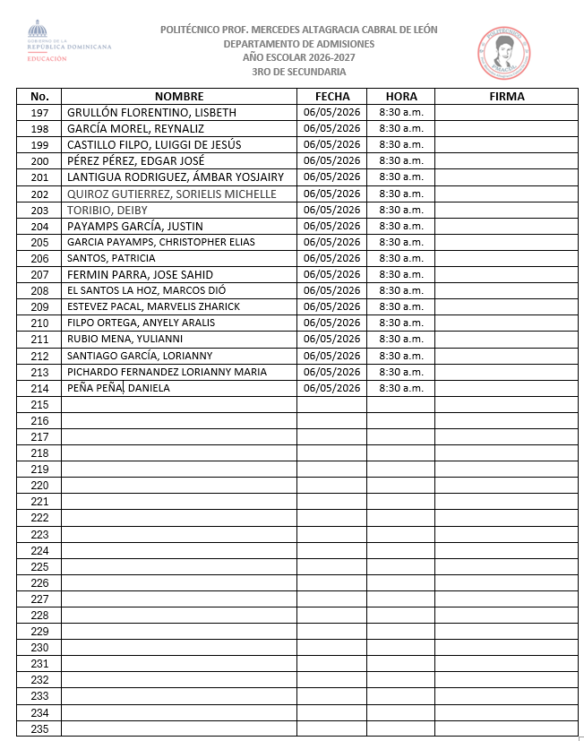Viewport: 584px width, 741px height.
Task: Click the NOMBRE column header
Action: pos(179,96)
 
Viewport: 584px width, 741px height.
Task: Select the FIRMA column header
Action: pos(507,96)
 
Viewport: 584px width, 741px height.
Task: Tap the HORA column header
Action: pos(400,96)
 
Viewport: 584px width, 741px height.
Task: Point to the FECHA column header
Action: pos(332,96)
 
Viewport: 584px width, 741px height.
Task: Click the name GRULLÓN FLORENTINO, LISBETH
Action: pos(151,113)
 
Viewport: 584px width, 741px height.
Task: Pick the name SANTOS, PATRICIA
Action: pos(111,258)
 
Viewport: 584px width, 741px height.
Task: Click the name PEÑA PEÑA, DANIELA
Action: pos(118,388)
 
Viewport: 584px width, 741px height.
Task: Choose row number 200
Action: pos(39,161)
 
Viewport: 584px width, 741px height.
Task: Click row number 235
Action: pos(39,728)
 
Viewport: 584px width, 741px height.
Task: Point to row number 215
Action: pos(39,404)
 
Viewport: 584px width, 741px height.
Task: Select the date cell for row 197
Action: pos(331,113)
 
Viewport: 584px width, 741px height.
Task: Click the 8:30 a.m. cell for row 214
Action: pos(401,388)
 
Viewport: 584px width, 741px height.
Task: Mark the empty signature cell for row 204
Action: pos(507,226)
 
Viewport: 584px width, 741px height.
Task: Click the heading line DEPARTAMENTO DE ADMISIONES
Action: pos(299,44)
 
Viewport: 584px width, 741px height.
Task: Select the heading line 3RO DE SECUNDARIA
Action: pos(299,72)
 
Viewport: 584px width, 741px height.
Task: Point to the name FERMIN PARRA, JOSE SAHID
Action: pos(140,274)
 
